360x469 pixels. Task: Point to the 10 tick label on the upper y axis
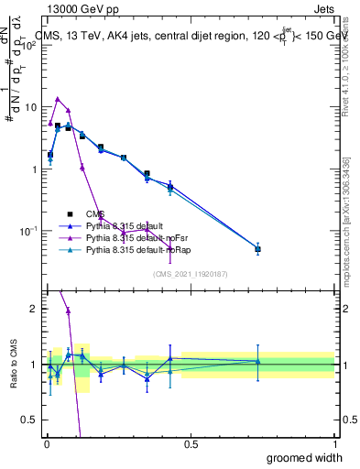tap(30, 107)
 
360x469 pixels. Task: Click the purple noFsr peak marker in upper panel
tap(58, 99)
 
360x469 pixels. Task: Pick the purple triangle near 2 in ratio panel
tap(68, 311)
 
